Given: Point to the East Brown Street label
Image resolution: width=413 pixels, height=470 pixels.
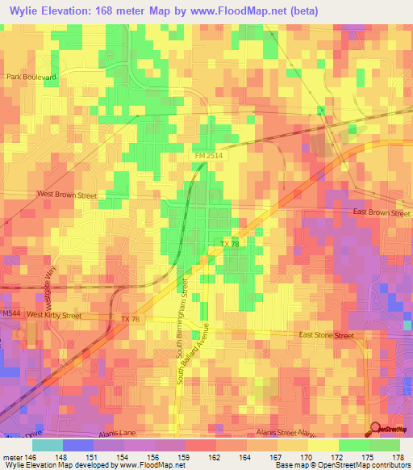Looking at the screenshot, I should point(382,212).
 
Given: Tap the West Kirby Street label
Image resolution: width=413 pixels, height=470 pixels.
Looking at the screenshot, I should point(55,314).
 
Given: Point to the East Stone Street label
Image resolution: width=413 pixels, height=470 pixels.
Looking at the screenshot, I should point(326,334).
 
